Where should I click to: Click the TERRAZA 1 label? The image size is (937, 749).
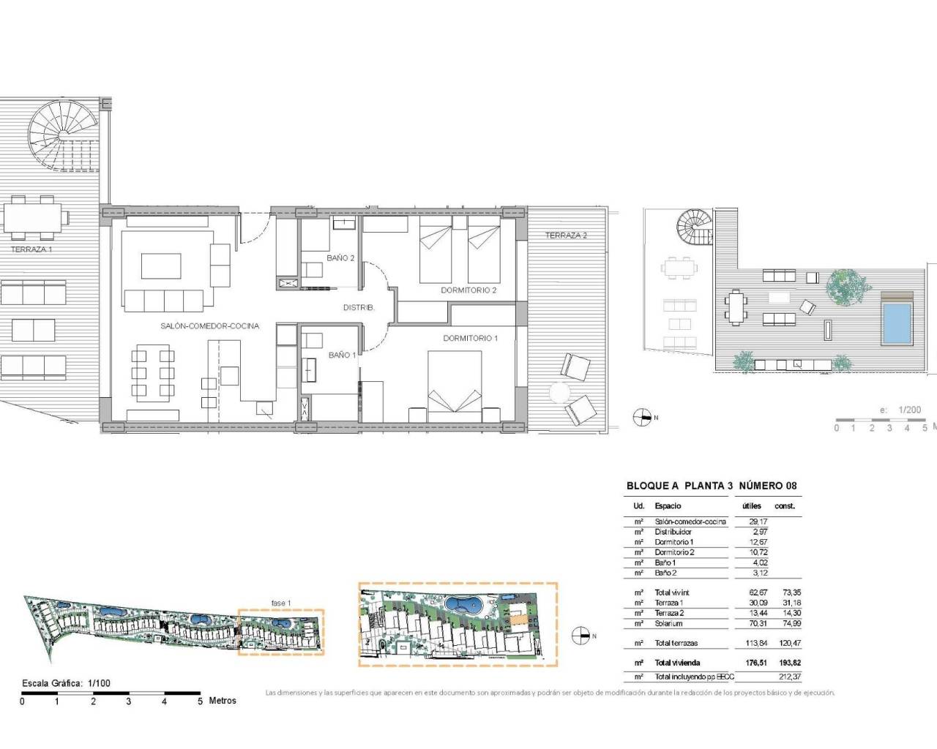coord(31,249)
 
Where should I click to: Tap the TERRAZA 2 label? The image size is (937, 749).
coord(566,236)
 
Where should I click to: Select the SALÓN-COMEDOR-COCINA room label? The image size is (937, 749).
coord(209,326)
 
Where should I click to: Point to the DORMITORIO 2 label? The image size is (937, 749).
coord(468,290)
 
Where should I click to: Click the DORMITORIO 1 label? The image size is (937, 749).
coord(470,338)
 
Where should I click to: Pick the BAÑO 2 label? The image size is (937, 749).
coord(341,258)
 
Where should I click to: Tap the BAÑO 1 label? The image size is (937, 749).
coord(342,355)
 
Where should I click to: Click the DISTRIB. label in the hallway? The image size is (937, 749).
coord(359,308)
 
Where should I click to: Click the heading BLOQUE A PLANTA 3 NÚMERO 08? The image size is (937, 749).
coord(712,486)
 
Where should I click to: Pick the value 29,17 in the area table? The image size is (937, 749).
coord(758,522)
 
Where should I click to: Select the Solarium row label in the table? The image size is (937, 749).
coord(668,623)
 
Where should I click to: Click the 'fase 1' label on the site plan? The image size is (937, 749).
coord(281,603)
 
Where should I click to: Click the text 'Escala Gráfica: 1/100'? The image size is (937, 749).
coord(67,683)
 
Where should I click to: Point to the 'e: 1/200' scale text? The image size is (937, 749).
coord(900,410)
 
